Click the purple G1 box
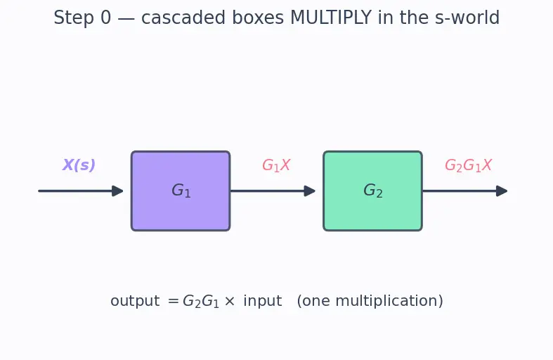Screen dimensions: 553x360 point(181,191)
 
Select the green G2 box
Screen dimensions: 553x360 point(373,191)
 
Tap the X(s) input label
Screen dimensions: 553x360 point(79,165)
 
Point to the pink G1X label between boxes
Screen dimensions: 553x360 point(276,165)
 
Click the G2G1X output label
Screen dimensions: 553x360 point(469,165)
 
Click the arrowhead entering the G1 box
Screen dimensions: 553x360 point(117,191)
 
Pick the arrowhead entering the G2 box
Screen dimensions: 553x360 point(310,191)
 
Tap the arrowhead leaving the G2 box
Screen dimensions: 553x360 point(502,191)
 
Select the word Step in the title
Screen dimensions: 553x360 point(74,18)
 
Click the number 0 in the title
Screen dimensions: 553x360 point(106,18)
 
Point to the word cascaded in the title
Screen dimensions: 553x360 point(183,18)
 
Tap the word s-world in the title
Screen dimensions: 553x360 point(467,18)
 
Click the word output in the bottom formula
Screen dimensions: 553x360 point(135,301)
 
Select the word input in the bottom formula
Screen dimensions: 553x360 point(263,301)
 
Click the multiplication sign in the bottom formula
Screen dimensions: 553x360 point(230,302)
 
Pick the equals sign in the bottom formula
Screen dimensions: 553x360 point(173,302)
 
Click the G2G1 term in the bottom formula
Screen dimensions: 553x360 point(201,302)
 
